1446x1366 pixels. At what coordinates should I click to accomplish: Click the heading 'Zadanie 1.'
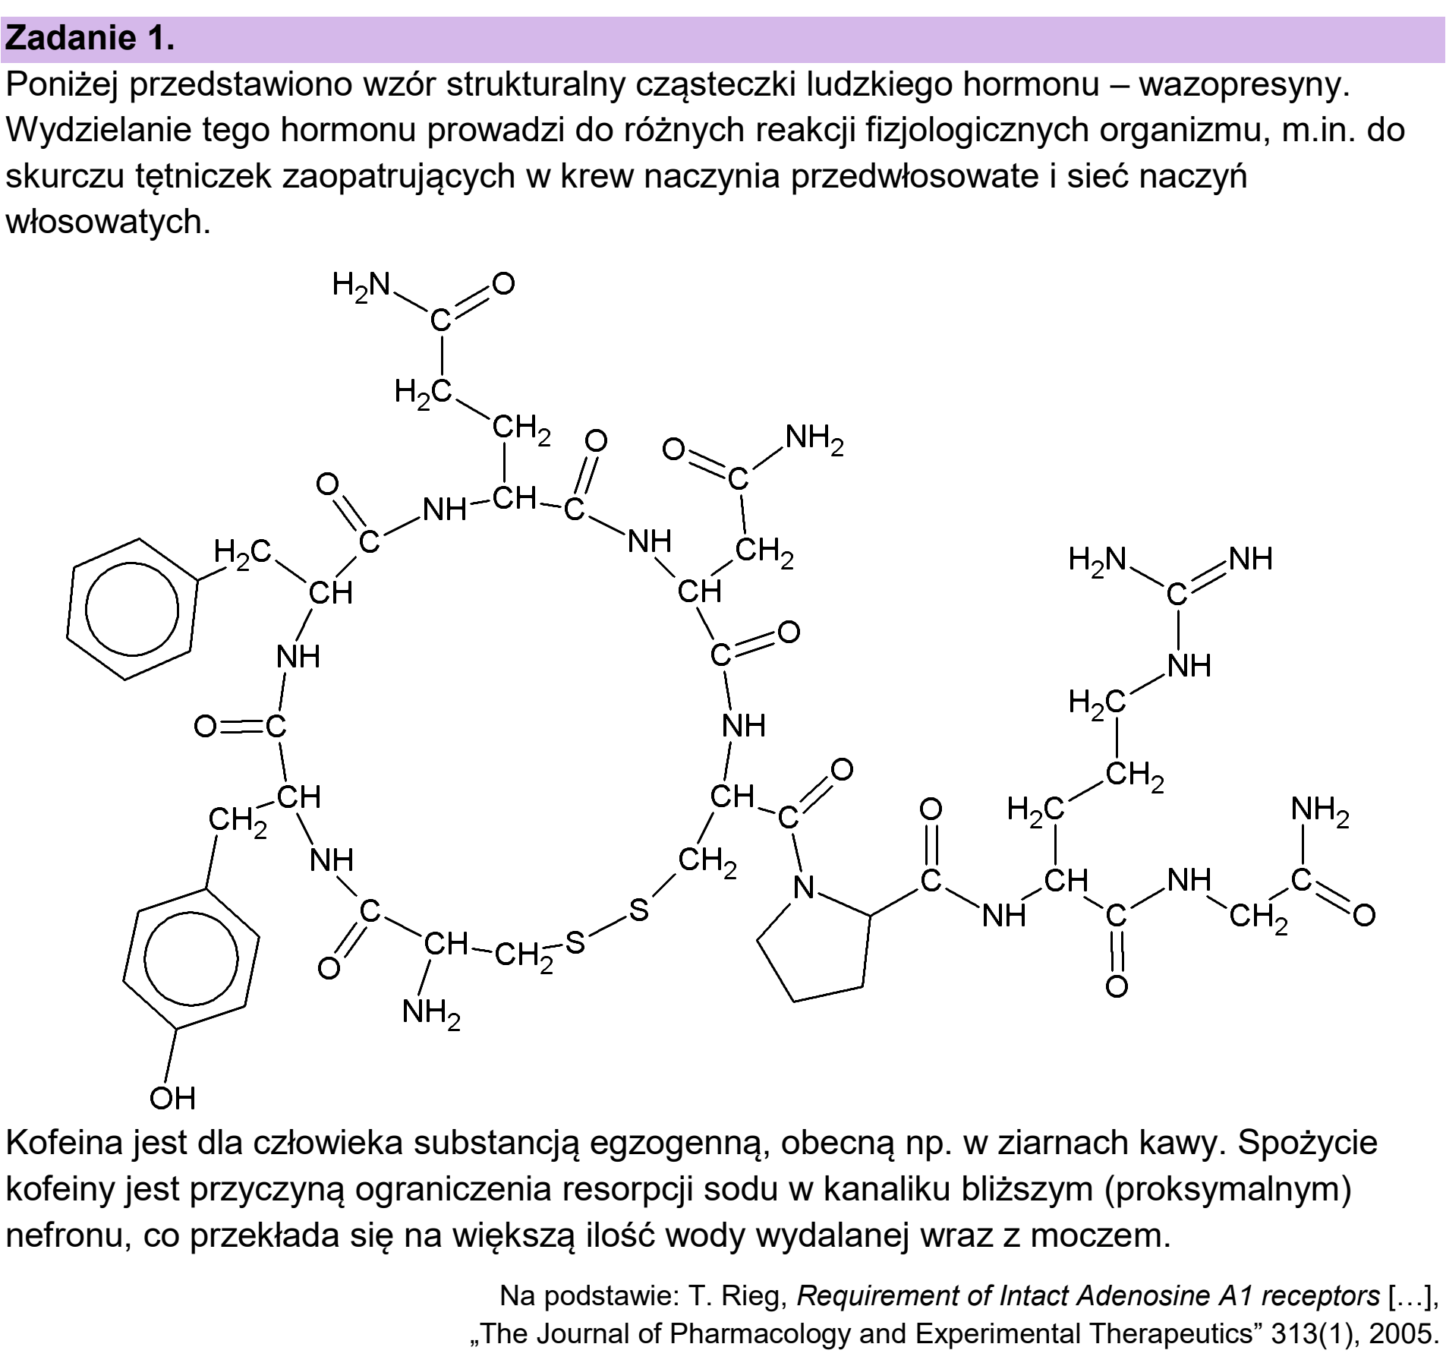(x=90, y=39)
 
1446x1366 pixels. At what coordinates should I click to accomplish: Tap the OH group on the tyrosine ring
(x=172, y=1098)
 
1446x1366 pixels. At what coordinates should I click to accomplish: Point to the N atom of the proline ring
(x=804, y=887)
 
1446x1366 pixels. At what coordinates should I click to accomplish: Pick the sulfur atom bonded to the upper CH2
(x=639, y=909)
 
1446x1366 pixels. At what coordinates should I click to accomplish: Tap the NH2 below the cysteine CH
(x=431, y=1014)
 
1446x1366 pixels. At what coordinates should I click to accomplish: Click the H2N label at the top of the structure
(x=361, y=286)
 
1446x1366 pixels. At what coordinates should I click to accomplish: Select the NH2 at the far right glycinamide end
(x=1320, y=811)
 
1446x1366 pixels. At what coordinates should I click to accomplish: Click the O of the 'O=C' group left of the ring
(x=206, y=727)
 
